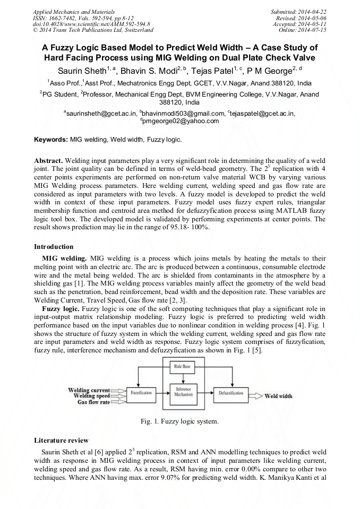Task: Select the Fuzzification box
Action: [142, 393]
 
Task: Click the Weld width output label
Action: [278, 396]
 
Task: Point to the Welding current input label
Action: [89, 390]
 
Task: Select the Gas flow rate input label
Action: [93, 402]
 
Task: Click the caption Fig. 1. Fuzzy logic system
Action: [179, 421]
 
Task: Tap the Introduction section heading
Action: [54, 247]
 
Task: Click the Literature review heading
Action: [61, 441]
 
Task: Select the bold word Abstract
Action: [48, 160]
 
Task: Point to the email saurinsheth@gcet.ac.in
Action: [100, 113]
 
